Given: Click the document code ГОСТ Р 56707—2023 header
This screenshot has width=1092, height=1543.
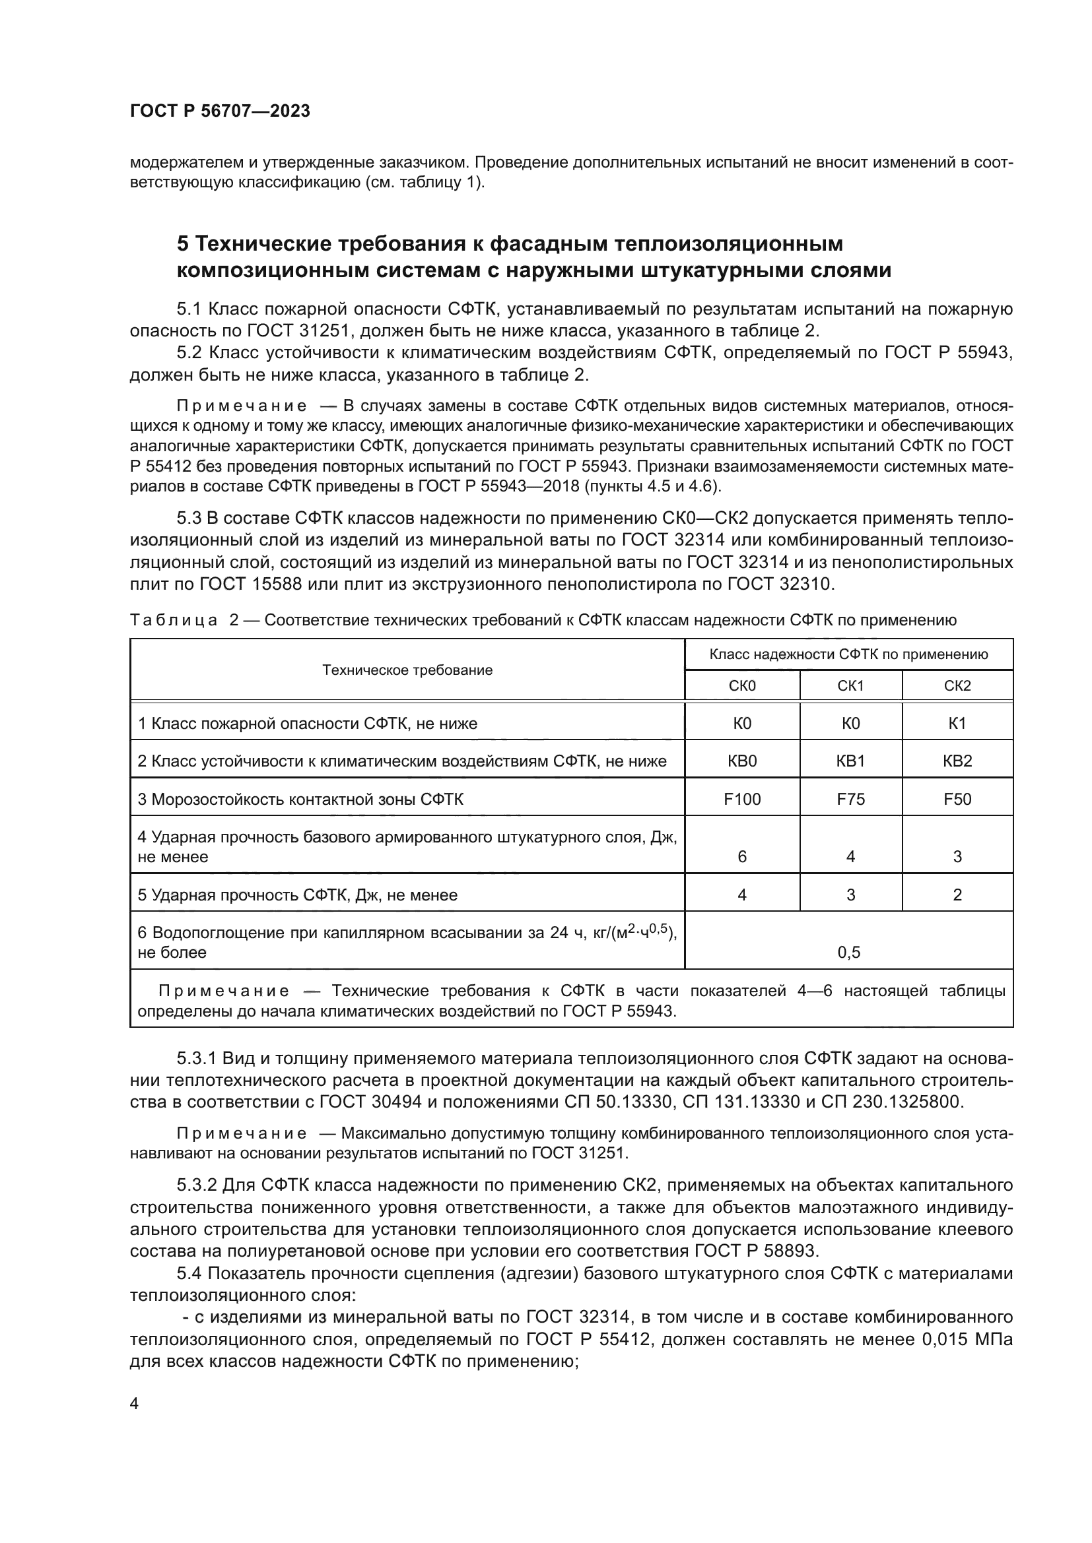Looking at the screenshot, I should (220, 111).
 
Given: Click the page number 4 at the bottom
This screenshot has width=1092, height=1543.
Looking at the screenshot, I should (135, 1404).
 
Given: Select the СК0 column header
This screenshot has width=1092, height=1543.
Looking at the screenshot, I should (741, 686).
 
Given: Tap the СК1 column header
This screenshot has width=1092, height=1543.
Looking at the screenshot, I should (850, 686).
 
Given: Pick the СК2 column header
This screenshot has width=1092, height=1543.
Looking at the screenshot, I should (957, 686).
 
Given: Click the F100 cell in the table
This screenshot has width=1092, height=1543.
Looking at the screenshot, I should (741, 799).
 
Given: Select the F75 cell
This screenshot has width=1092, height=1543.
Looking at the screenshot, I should (850, 799).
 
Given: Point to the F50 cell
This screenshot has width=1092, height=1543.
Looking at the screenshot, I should (957, 799).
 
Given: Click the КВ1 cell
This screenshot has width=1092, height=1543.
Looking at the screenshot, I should (850, 761).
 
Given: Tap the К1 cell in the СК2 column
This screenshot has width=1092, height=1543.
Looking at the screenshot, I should (957, 724).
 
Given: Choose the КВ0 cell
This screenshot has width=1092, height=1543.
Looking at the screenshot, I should (741, 761).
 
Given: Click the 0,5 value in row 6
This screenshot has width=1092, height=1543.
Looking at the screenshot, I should (848, 953).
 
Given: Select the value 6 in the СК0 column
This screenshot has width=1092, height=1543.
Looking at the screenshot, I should (741, 857).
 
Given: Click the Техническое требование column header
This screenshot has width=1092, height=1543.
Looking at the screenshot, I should (407, 670).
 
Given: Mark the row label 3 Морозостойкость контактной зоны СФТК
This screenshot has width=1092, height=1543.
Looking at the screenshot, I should (300, 799).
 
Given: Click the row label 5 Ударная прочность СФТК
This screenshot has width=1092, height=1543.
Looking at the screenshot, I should (297, 895).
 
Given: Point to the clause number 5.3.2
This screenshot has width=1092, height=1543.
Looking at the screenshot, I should (197, 1184).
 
